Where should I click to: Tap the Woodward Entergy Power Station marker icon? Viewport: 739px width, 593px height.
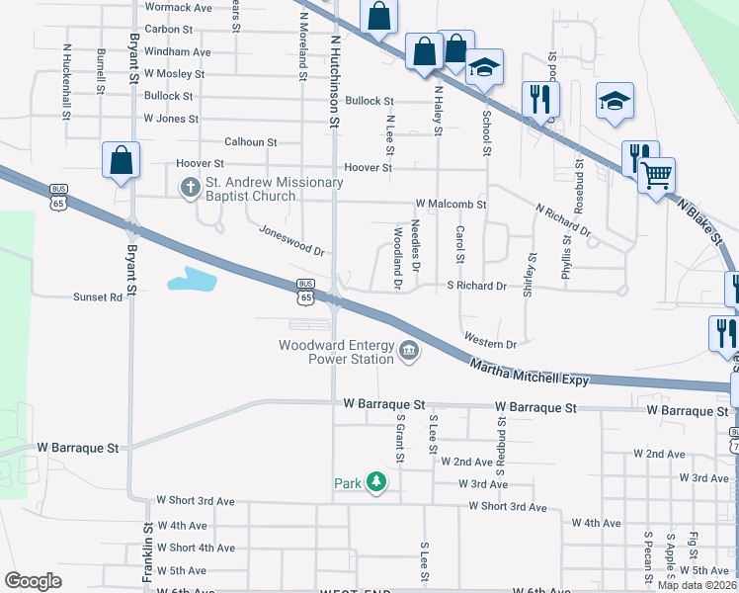[x=408, y=351]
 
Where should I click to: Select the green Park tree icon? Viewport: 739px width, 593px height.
[x=375, y=482]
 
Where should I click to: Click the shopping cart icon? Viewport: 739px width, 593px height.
[x=656, y=176]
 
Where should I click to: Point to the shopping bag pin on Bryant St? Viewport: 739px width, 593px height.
[x=121, y=160]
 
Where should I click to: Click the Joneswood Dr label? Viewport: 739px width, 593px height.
[x=291, y=238]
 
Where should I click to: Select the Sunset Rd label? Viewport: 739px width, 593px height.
[x=98, y=296]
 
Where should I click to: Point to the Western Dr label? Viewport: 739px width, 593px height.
[x=490, y=342]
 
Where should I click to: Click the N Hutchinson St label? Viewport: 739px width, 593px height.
[x=336, y=81]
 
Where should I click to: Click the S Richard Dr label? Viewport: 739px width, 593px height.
[x=476, y=286]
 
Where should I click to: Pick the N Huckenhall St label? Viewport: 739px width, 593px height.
[x=66, y=80]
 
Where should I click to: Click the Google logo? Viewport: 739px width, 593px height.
[x=33, y=580]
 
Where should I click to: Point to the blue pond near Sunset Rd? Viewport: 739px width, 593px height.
[x=191, y=280]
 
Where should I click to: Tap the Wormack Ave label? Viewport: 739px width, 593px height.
[x=178, y=7]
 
